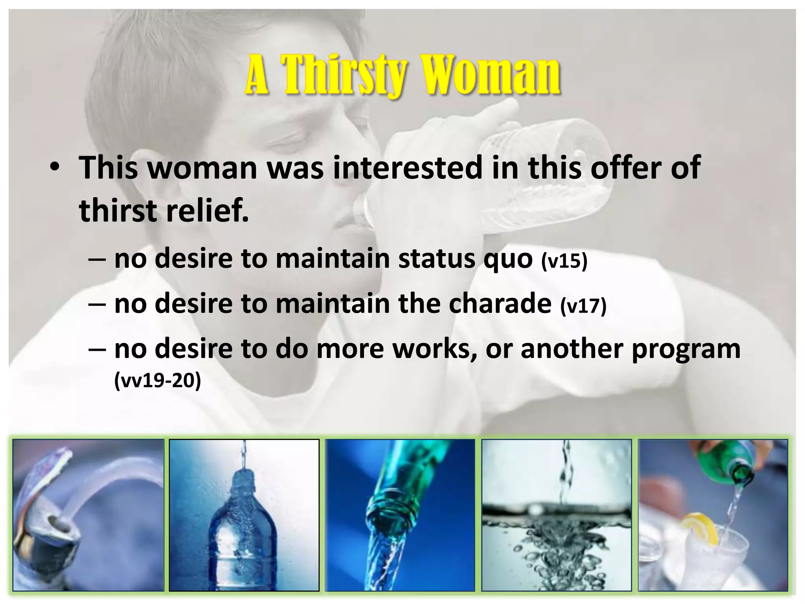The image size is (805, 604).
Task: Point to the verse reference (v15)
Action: click(x=564, y=260)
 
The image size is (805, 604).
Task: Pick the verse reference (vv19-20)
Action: click(x=157, y=380)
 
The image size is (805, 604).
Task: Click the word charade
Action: click(x=500, y=304)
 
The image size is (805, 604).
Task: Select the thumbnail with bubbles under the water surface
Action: click(x=557, y=515)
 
